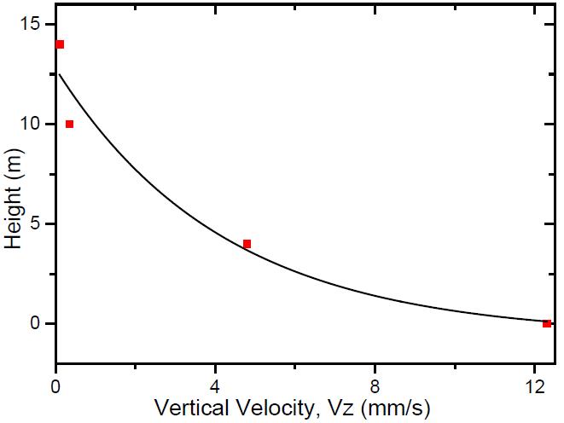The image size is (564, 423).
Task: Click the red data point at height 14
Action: coord(60,44)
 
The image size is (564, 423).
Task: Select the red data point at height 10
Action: coord(69,125)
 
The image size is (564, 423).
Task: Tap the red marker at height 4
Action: coord(247,244)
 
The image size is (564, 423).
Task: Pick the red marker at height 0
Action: coord(546,323)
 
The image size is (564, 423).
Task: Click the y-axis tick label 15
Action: coord(32,25)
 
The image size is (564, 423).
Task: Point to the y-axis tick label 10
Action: coord(32,125)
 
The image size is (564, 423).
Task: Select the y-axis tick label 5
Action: coord(38,224)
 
